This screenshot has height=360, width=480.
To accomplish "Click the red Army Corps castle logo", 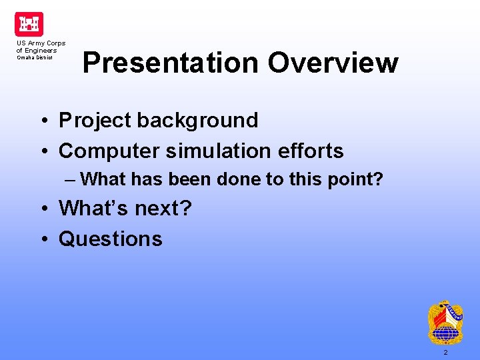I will coord(29,24).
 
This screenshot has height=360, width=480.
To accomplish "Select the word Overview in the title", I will coord(333,63).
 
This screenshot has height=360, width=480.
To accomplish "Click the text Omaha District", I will coord(35,57).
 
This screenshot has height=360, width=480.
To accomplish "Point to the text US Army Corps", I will coord(41,43).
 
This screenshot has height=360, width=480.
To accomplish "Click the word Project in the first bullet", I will coord(95,121).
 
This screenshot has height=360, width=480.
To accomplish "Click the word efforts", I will coord(311,151).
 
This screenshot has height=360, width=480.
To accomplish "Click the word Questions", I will coord(111,239).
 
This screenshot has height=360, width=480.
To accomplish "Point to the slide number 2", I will coord(445,352).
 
